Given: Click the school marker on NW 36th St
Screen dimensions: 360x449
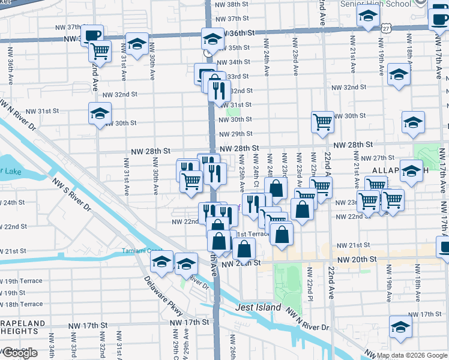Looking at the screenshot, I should (212, 40).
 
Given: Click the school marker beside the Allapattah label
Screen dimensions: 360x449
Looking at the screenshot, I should (411, 171).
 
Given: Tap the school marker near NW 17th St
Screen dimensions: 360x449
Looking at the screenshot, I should (400, 328).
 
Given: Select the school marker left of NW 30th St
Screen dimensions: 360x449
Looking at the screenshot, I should (100, 113).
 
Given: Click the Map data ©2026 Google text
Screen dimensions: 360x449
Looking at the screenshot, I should (412, 355).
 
